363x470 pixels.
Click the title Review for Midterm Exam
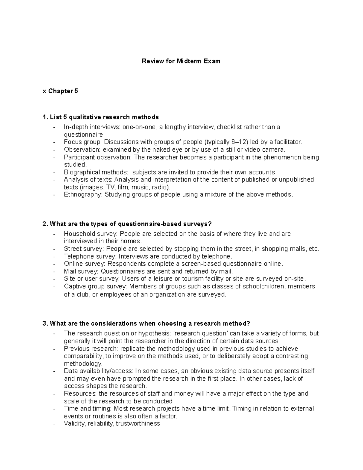click(181, 61)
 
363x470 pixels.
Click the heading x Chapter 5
click(60, 91)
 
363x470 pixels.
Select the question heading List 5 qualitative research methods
click(101, 117)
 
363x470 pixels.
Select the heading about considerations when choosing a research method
click(147, 324)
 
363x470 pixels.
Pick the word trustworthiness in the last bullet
click(138, 424)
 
